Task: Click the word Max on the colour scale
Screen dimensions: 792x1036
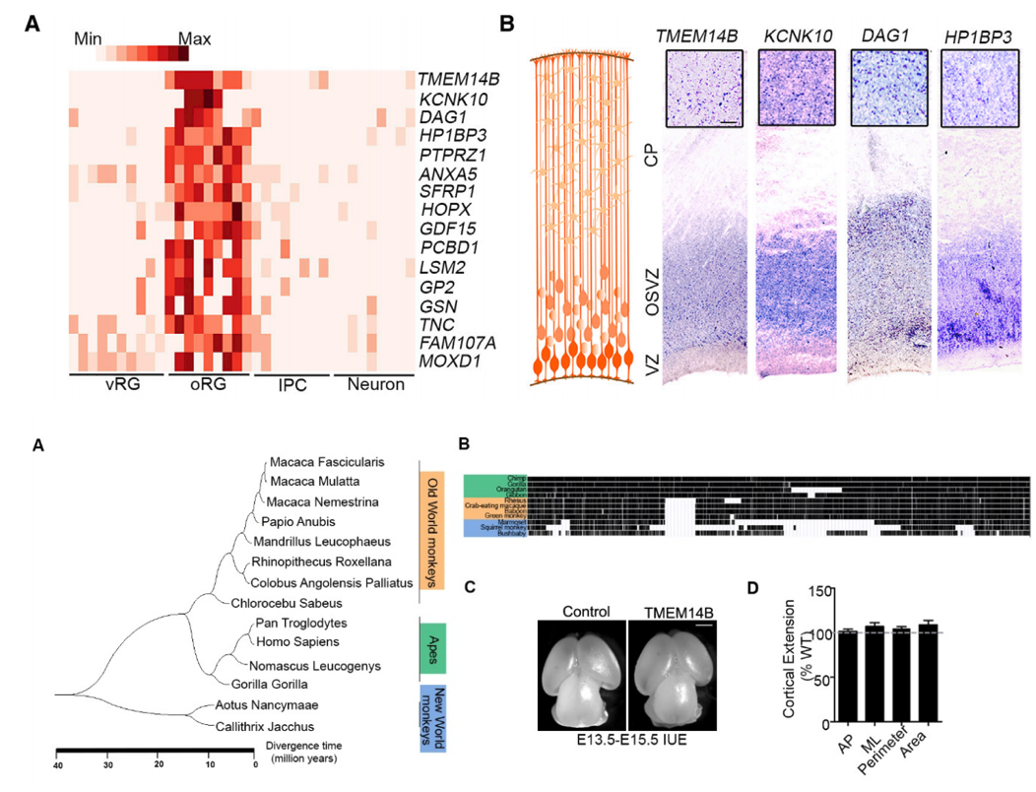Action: coord(194,40)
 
